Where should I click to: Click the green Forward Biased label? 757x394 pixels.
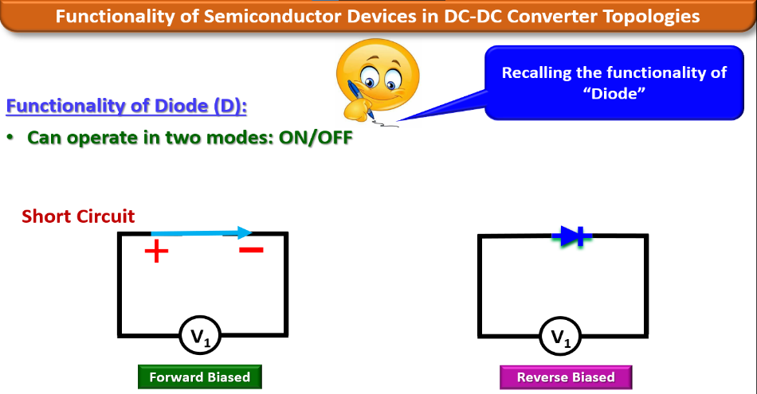[x=199, y=377]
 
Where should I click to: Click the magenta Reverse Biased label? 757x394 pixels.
[x=566, y=377]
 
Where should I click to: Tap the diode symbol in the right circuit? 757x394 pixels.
[x=574, y=236]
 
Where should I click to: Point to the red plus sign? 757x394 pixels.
[x=156, y=252]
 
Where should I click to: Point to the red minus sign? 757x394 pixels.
[x=251, y=250]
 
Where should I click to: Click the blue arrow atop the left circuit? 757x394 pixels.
[x=202, y=233]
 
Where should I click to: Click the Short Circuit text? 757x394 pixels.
[x=78, y=216]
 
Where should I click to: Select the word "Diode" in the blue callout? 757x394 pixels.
[x=614, y=93]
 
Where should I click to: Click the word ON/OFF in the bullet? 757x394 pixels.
[x=315, y=137]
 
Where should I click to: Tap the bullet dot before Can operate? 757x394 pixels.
[x=11, y=137]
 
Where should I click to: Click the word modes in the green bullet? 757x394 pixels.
[x=241, y=137]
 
